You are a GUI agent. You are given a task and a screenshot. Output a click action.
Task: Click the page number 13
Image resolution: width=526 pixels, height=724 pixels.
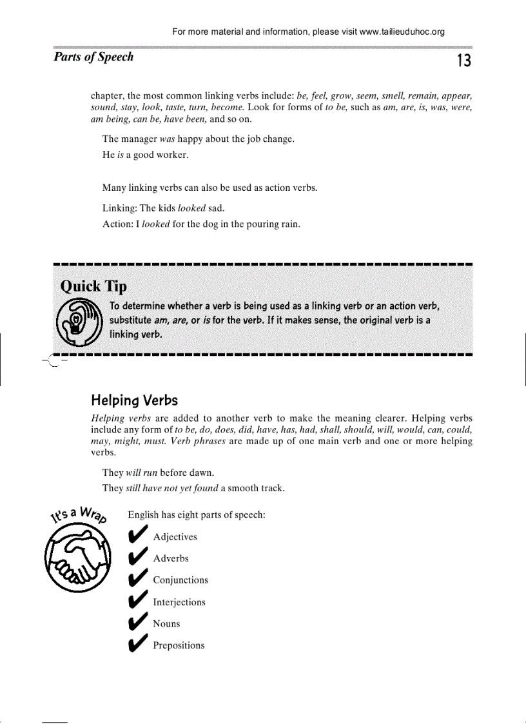pos(464,61)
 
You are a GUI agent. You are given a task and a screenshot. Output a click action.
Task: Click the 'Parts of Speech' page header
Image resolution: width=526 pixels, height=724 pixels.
pos(93,57)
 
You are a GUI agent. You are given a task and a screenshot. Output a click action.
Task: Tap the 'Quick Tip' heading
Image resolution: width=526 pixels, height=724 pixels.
pos(93,286)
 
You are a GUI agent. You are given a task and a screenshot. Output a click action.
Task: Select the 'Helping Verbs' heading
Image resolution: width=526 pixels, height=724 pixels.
pos(134,400)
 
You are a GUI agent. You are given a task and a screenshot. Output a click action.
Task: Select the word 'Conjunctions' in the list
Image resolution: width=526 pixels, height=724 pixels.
pos(180,580)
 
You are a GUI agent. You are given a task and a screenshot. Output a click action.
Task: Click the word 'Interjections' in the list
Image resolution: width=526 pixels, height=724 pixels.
pos(179,602)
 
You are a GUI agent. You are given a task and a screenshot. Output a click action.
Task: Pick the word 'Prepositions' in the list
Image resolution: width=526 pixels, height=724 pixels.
pos(179,645)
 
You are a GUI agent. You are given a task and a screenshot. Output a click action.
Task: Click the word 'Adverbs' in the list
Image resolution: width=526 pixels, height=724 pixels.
pos(171,558)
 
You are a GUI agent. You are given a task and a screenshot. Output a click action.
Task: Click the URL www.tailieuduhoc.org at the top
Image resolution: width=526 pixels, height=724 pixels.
pos(402,32)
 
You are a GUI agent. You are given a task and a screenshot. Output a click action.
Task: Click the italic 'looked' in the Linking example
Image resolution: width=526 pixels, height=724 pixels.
pos(191,208)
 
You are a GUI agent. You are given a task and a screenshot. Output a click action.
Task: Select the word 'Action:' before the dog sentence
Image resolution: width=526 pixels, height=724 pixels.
pos(117,224)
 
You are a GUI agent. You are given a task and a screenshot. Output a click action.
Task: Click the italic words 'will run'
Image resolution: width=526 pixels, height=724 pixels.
pos(142,473)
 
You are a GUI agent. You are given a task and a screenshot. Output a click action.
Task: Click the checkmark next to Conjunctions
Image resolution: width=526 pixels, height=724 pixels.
pos(137,580)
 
